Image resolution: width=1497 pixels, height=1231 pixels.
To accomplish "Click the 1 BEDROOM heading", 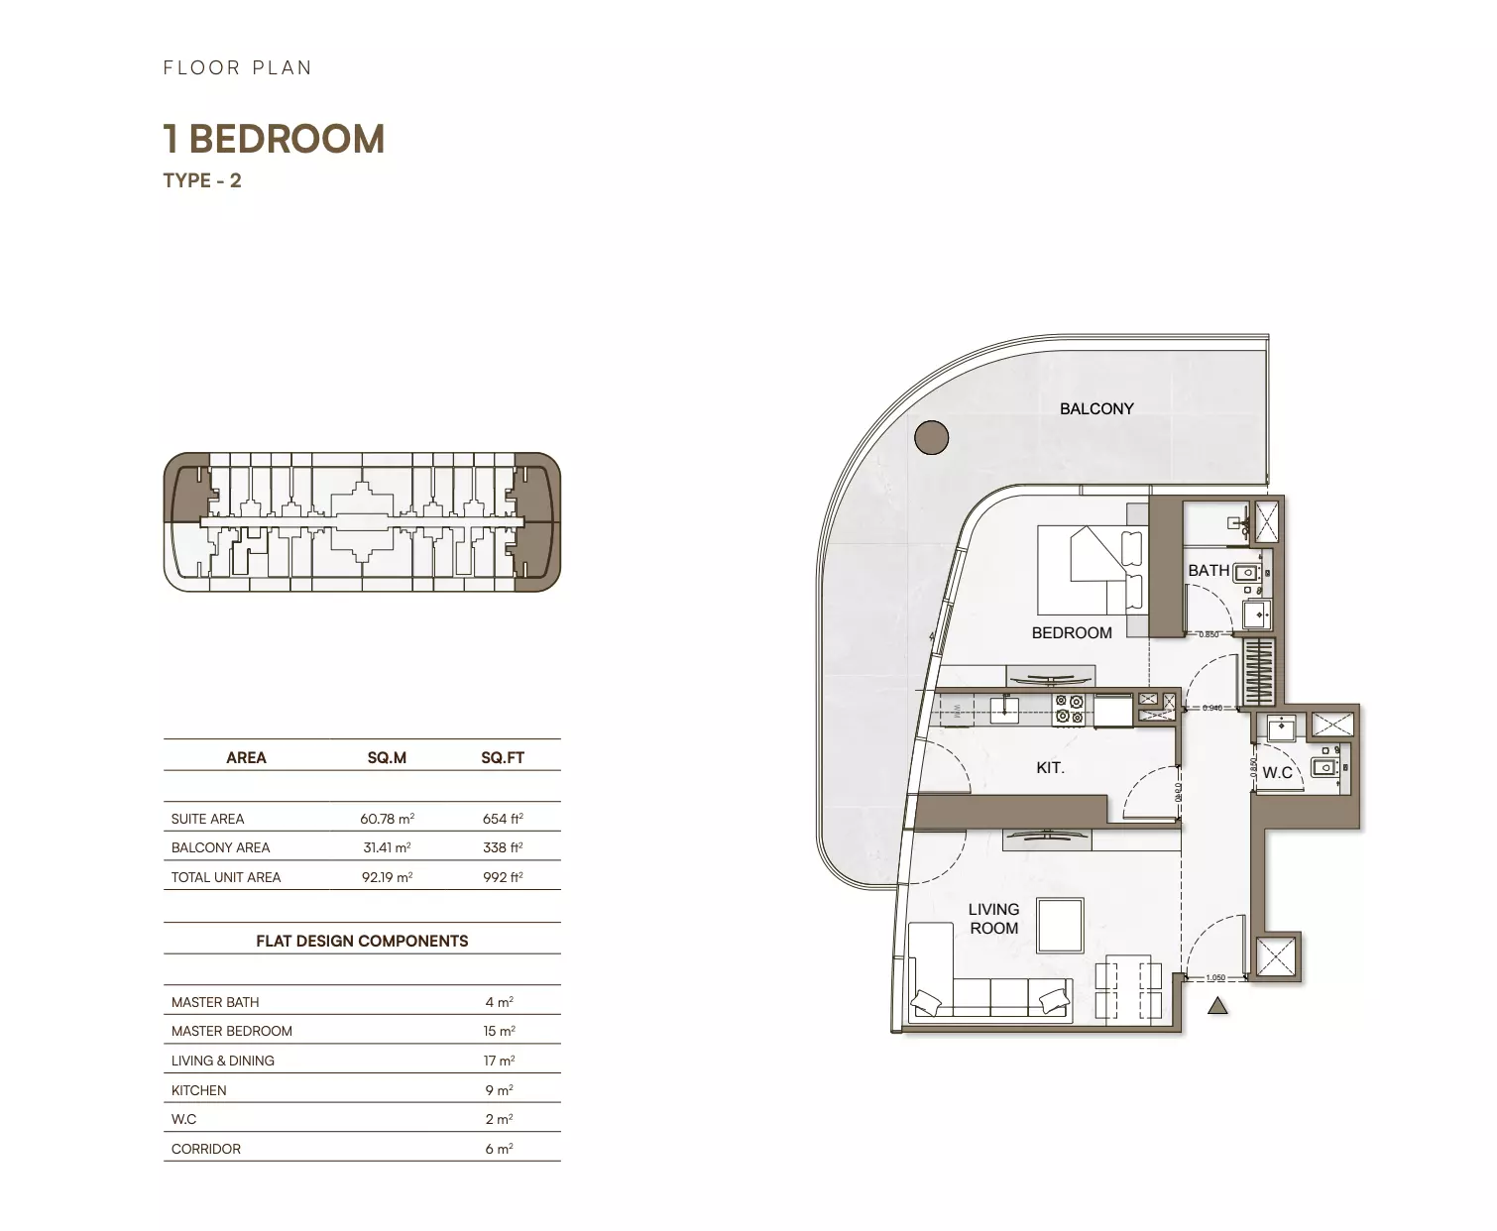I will (274, 140).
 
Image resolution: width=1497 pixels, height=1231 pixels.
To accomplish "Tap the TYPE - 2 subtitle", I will (202, 180).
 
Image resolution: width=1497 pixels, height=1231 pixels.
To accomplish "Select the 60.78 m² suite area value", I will (387, 819).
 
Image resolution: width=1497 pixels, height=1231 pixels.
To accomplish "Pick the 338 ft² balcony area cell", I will (503, 847).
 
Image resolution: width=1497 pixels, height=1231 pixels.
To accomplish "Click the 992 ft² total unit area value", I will (503, 877).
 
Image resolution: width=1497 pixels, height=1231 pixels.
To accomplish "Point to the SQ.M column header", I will (387, 757).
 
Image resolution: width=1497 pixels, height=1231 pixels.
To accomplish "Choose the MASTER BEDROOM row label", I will (231, 1031).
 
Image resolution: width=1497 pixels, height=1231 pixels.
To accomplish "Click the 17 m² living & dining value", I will (499, 1061).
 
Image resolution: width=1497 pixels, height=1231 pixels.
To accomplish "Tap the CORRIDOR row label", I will (205, 1149).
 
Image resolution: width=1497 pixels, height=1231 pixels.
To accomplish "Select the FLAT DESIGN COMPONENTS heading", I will (362, 941).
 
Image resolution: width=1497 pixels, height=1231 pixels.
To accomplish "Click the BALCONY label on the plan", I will (1095, 408).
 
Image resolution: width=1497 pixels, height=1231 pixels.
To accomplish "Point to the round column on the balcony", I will (931, 437).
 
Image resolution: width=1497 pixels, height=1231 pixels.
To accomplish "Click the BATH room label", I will (1208, 570).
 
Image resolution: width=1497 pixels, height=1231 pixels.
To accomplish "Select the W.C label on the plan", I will (1276, 772).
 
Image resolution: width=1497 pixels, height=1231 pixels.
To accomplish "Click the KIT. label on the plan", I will (1049, 767).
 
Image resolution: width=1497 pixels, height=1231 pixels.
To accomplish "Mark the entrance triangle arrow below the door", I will (1217, 1006).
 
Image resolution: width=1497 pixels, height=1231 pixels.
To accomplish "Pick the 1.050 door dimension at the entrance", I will (1215, 978).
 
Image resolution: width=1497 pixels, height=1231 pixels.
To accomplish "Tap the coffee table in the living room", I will (1060, 925).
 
